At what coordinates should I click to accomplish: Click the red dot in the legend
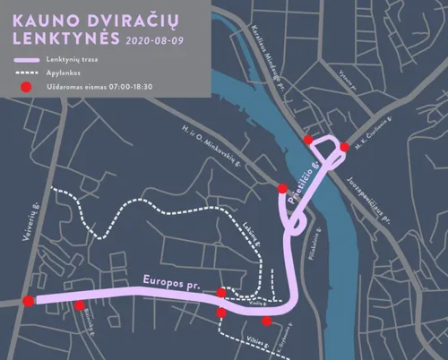[27, 87]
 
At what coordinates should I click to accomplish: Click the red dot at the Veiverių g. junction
[29, 301]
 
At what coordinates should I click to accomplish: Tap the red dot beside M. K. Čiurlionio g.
[345, 148]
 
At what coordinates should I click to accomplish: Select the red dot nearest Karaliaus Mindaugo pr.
[308, 140]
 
